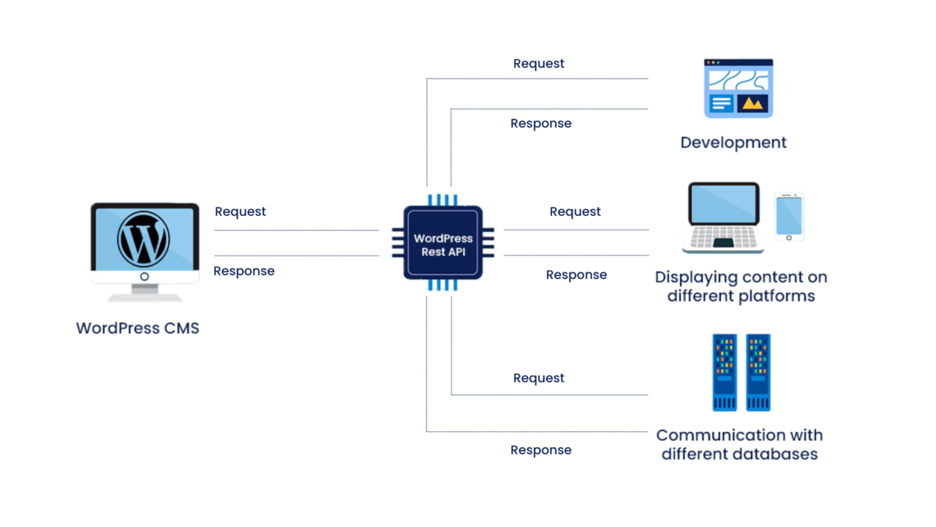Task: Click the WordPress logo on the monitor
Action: (144, 239)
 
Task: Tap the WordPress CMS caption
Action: (137, 328)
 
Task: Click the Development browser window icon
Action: (738, 89)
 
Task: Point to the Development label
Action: (733, 143)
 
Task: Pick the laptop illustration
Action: (722, 218)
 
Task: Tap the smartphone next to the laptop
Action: (789, 217)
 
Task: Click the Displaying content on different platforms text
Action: (741, 287)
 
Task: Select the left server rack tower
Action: (725, 373)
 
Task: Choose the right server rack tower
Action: (758, 373)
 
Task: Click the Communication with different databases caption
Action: (739, 444)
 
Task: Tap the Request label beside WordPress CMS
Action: (240, 212)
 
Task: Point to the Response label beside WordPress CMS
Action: (244, 271)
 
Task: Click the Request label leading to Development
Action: (538, 64)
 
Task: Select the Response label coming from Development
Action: (540, 124)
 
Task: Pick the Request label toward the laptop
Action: (575, 212)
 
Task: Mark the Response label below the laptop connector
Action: (576, 274)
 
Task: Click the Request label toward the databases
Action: (538, 378)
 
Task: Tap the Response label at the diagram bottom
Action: (540, 450)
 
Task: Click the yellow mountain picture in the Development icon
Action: (752, 104)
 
